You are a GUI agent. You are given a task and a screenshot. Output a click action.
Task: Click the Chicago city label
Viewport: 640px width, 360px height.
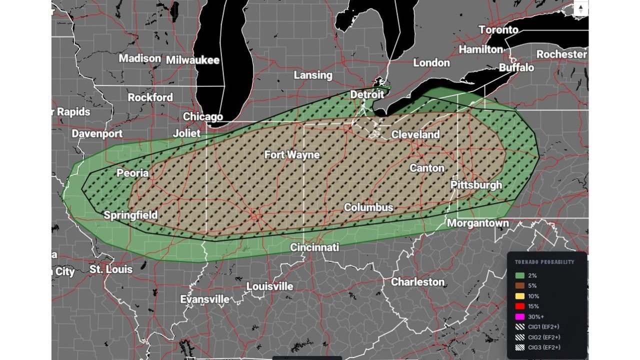[202, 116]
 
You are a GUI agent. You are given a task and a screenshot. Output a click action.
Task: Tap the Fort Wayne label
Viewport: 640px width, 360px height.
[292, 154]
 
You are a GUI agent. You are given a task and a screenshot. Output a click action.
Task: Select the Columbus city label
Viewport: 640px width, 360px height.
[368, 207]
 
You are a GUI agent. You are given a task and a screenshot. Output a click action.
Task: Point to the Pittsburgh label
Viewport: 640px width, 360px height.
[476, 184]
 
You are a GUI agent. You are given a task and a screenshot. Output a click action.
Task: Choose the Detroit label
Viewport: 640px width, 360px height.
[367, 94]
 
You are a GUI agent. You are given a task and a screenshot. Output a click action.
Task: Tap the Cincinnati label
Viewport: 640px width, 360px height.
[314, 247]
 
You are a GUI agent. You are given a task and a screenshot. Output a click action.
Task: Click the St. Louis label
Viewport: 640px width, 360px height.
[111, 269]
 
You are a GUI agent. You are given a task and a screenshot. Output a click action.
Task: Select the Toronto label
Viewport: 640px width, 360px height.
[498, 29]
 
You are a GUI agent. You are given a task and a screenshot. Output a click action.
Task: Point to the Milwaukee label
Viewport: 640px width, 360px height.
[192, 60]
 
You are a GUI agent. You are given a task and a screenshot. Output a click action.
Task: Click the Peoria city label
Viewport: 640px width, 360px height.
[132, 173]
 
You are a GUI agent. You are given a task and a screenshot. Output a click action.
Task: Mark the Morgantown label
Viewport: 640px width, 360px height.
[477, 223]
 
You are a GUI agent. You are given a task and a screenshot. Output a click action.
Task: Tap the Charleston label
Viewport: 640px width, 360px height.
[417, 281]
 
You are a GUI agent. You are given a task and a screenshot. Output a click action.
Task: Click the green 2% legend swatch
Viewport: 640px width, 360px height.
[520, 275]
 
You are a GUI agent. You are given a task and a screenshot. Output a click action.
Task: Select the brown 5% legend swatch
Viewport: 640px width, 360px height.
[520, 286]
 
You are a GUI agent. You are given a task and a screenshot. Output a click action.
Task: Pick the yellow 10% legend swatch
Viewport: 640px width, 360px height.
[520, 296]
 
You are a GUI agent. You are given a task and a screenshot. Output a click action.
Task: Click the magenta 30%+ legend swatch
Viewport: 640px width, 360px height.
[520, 316]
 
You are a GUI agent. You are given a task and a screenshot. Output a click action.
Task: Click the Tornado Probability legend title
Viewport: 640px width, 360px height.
[544, 262]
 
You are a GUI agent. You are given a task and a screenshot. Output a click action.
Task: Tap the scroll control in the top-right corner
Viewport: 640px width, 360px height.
[580, 9]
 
